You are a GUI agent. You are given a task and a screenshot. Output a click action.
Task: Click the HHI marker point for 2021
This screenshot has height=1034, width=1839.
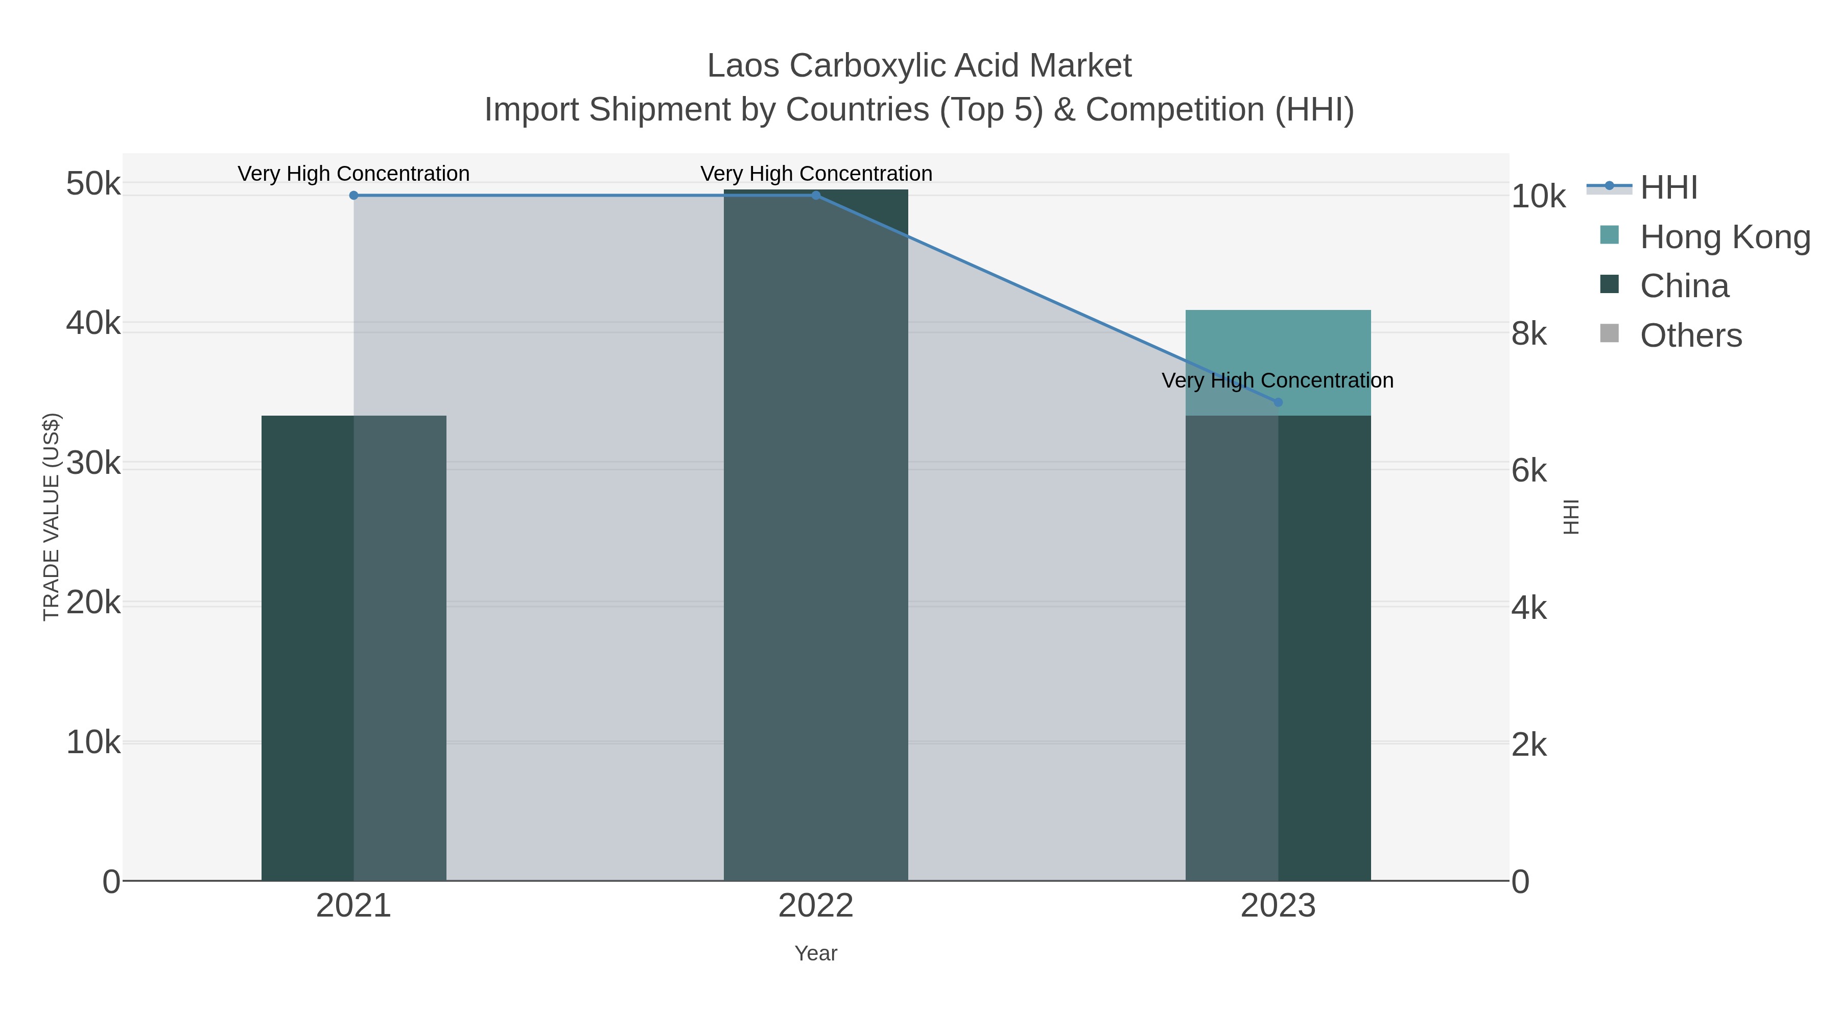click(353, 195)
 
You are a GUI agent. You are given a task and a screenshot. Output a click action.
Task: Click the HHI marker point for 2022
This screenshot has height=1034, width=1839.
click(816, 195)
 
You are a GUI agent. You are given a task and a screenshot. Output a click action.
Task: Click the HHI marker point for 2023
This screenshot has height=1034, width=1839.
click(1278, 402)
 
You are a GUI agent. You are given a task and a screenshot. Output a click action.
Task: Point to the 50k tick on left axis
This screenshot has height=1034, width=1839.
click(93, 184)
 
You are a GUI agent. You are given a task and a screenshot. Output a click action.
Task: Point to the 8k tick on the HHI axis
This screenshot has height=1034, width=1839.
click(1529, 334)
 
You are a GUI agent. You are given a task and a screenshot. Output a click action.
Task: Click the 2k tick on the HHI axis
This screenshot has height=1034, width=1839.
click(1529, 745)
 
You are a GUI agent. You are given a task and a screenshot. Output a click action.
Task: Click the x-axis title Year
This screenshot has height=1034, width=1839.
click(816, 953)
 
